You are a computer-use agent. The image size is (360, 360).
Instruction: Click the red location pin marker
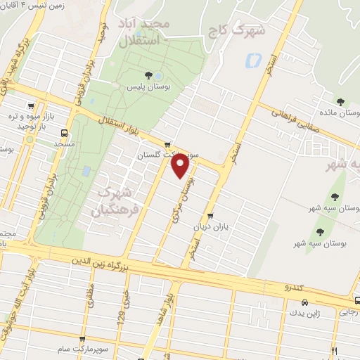181,165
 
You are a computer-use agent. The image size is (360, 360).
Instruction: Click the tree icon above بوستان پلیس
148,75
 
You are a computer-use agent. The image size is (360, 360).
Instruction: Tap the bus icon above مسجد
65,132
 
